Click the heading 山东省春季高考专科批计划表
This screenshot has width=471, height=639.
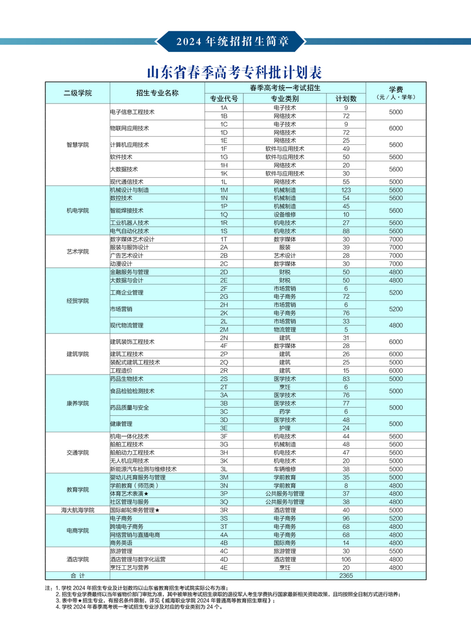pyautogui.click(x=235, y=73)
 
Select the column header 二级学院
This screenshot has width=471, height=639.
pyautogui.click(x=78, y=93)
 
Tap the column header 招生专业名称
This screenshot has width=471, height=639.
pyautogui.click(x=157, y=93)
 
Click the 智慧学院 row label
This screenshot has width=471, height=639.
pyautogui.click(x=78, y=145)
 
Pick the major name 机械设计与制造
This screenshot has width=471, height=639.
pyautogui.click(x=130, y=190)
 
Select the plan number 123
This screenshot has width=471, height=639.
pyautogui.click(x=346, y=190)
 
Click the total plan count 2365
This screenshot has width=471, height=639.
pyautogui.click(x=346, y=575)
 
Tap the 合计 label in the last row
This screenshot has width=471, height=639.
pyautogui.click(x=78, y=575)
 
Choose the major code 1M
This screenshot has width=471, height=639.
pyautogui.click(x=224, y=190)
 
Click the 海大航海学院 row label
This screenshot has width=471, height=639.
pyautogui.click(x=78, y=510)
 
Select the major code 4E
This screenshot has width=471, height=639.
pyautogui.click(x=224, y=567)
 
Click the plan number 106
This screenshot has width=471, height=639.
pyautogui.click(x=346, y=559)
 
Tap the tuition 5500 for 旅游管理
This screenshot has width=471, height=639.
pyautogui.click(x=396, y=551)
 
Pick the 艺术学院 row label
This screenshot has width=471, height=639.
pyautogui.click(x=78, y=251)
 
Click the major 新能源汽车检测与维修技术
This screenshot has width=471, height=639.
pyautogui.click(x=143, y=469)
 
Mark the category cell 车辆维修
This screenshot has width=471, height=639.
pyautogui.click(x=285, y=469)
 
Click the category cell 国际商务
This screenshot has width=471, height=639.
pyautogui.click(x=285, y=542)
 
